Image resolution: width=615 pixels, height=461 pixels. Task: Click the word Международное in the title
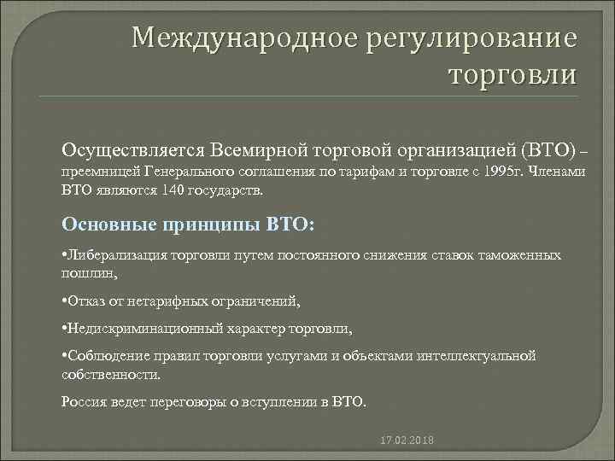pos(231,39)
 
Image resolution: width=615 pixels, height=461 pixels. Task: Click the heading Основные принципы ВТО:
pos(189,224)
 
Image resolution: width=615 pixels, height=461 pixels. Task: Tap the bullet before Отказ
pos(66,301)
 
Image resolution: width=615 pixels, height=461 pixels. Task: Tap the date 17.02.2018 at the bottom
pos(406,441)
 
